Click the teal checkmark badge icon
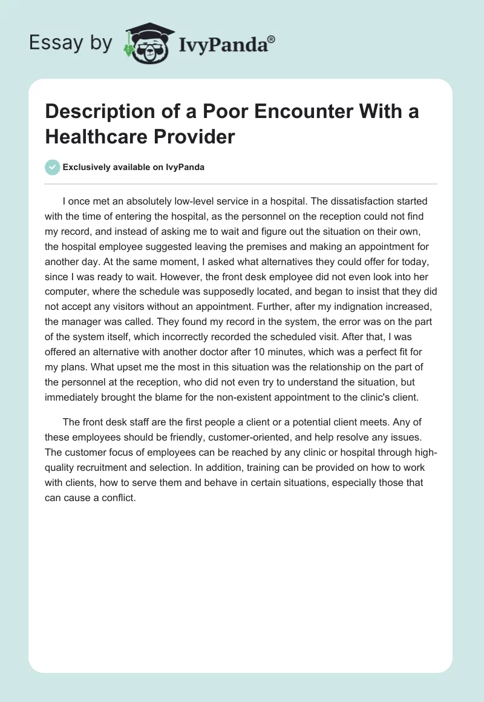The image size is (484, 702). pos(53,167)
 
